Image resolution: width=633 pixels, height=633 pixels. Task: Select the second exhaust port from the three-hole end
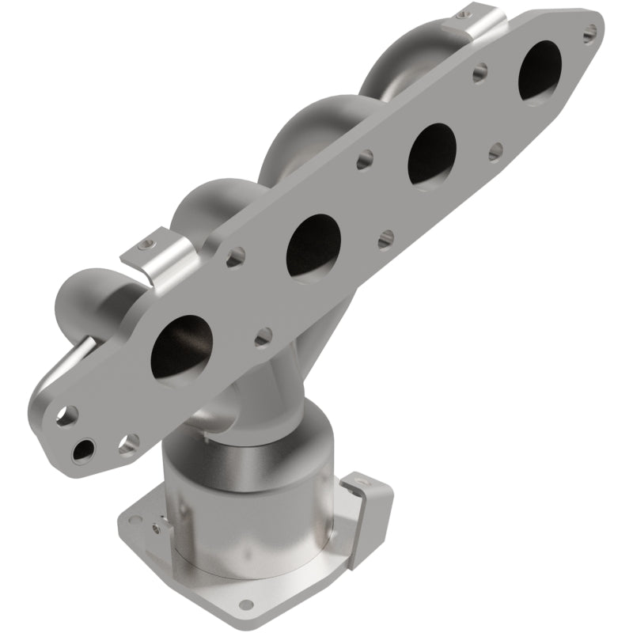(313, 245)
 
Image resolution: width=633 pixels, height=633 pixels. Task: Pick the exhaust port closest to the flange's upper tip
(542, 70)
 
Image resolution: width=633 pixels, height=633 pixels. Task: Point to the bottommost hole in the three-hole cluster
(81, 451)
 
